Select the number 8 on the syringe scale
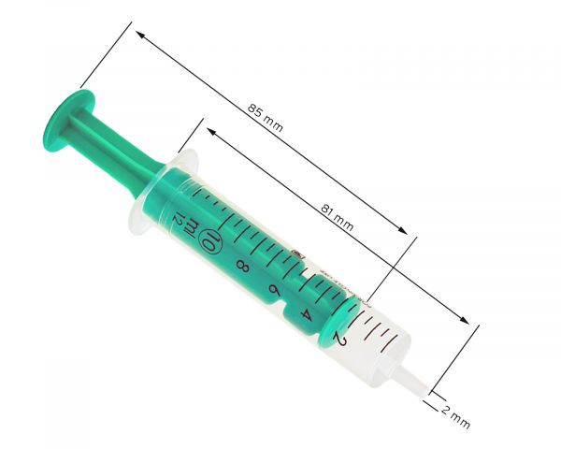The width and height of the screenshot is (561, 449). point(243,268)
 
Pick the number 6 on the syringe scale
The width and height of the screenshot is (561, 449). point(274,290)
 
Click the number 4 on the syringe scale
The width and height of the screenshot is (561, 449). point(307,314)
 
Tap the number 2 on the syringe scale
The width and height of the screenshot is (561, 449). point(338,338)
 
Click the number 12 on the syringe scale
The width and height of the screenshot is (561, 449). point(178,218)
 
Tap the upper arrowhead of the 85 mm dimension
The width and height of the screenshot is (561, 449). point(140,36)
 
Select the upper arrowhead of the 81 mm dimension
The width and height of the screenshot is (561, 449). point(210,133)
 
